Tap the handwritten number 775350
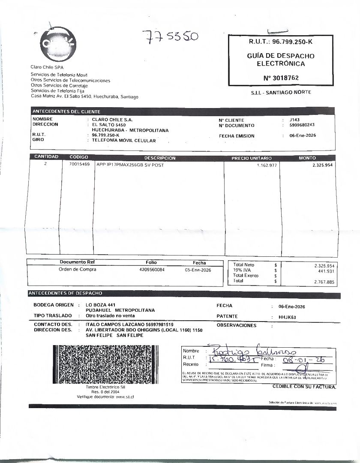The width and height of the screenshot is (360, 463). coord(171,37)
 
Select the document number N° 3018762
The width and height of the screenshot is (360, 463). coord(281,78)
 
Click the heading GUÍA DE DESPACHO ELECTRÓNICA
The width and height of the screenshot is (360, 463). coord(281,60)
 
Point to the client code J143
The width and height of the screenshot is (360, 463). coord(294,120)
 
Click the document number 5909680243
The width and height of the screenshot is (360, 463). coord(302,125)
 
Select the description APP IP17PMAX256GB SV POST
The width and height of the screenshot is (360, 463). coord(130,165)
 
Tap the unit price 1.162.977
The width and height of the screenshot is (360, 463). coord(267,165)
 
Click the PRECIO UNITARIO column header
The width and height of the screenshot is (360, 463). coord(252,158)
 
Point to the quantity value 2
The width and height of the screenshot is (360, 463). coord(45,164)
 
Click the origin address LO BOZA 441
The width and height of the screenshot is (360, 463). coord(101,305)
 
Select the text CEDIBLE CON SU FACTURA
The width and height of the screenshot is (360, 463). coord(304,387)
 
